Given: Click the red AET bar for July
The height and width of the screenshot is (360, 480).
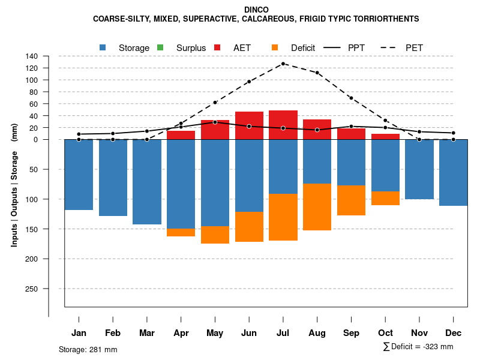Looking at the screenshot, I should click(283, 125).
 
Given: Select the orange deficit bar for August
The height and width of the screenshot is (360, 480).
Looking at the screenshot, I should click(317, 207).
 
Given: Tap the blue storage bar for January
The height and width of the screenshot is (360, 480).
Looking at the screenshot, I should click(79, 175).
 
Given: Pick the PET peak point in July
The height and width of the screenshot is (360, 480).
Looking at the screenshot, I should click(283, 64).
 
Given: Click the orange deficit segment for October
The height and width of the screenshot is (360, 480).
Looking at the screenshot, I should click(385, 199).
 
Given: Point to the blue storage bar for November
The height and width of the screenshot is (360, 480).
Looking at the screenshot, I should click(419, 169).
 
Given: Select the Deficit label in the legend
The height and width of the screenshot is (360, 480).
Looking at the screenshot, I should click(303, 48).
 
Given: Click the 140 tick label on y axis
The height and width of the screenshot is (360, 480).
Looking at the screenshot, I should click(32, 56).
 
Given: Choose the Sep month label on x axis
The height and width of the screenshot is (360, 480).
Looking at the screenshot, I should click(352, 333).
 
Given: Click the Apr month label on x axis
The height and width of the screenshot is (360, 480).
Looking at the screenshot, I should click(181, 333).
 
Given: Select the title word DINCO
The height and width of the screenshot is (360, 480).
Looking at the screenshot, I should click(257, 10).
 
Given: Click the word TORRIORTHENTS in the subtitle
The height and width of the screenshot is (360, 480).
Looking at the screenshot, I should click(391, 19).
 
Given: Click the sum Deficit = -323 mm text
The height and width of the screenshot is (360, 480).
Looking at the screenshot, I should click(418, 347).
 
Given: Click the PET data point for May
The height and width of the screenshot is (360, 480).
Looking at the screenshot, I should click(215, 103).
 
